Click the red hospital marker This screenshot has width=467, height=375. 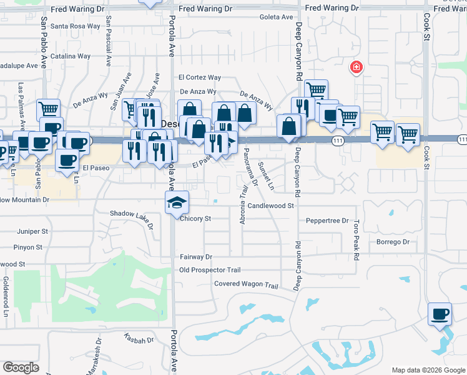pos(356,67)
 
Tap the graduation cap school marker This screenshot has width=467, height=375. pos(177,202)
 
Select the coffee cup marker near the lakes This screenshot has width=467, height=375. pos(440,313)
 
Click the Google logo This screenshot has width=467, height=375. pos(21,367)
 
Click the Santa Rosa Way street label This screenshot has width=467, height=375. pos(75,26)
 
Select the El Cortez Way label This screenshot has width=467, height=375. pos(200,77)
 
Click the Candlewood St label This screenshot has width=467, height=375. pos(270,205)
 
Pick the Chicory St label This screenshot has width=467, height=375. pos(195,219)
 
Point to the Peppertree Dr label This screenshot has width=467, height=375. pos(327,221)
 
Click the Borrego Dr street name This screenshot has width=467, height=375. pos(393,242)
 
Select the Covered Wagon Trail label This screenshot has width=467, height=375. pos(245,284)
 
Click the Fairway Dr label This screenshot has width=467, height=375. pos(196,257)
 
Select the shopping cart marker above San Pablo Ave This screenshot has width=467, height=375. pos(48,110)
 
